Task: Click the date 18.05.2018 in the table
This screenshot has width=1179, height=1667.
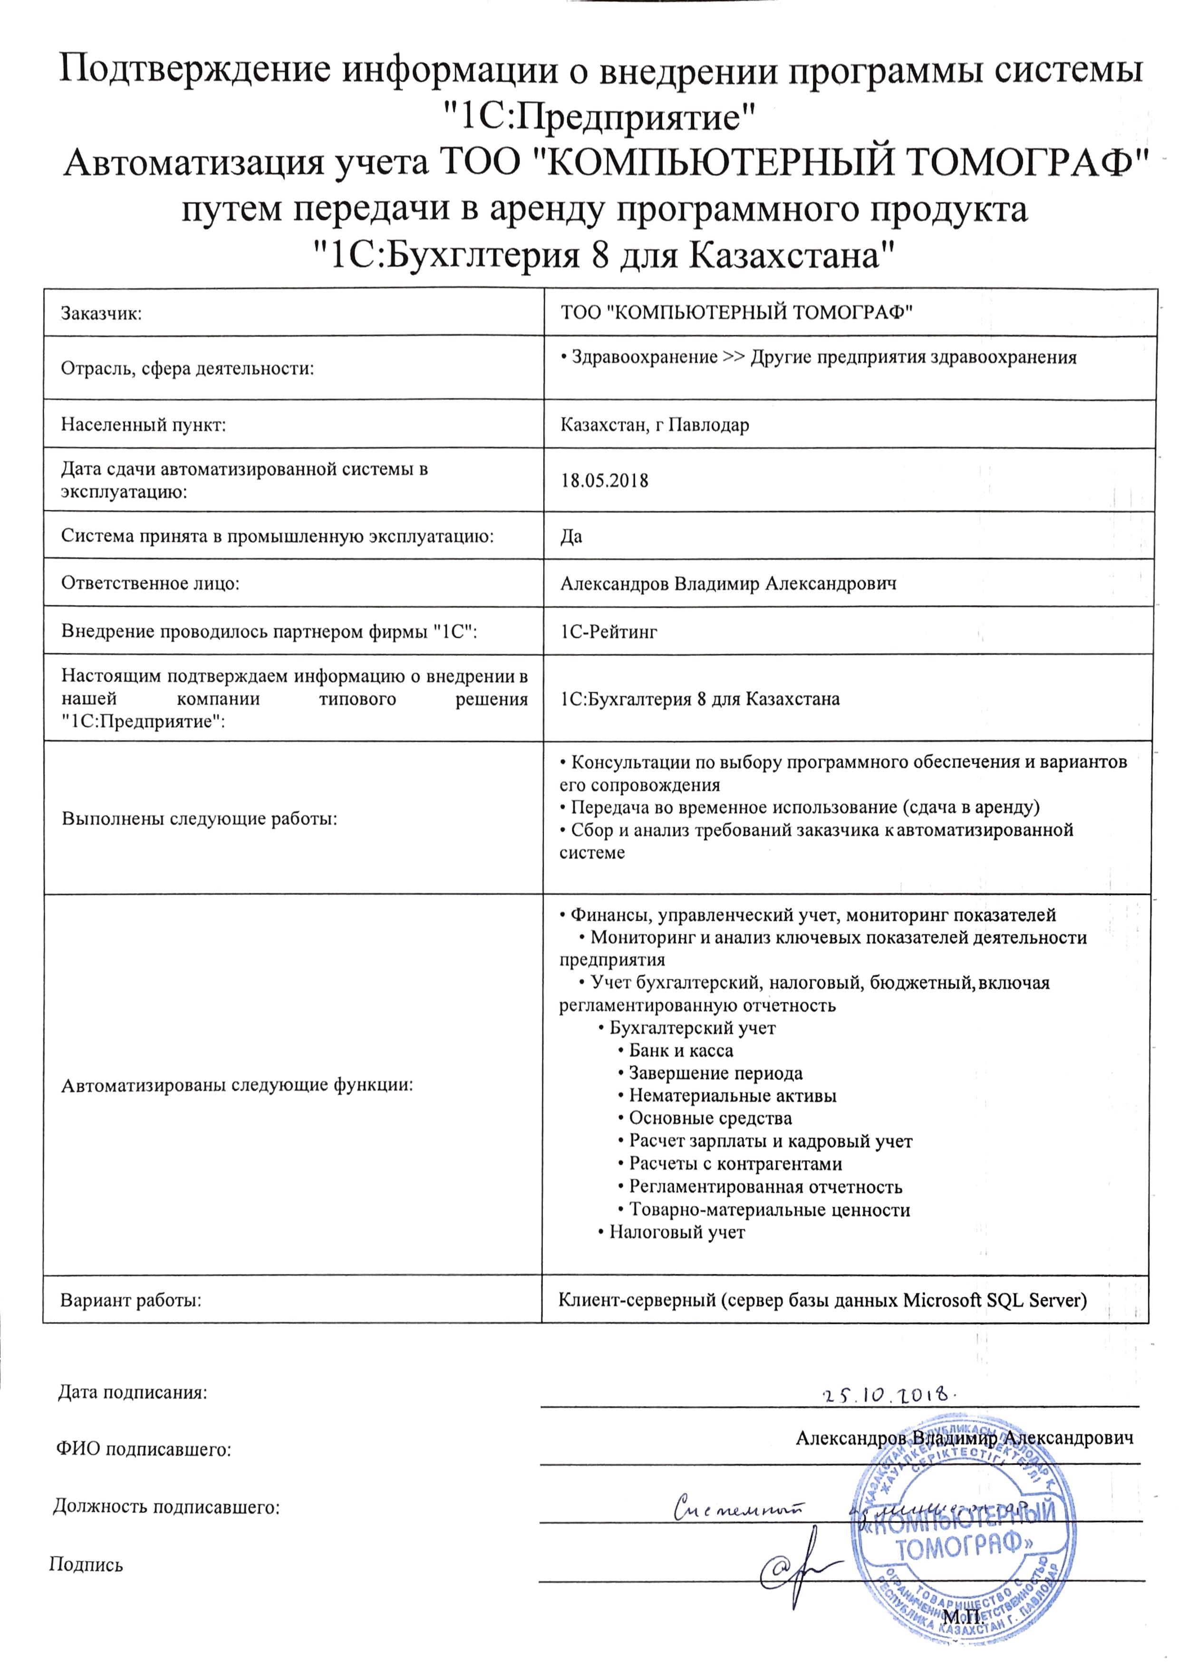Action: [604, 481]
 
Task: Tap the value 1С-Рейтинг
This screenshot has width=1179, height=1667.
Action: [609, 632]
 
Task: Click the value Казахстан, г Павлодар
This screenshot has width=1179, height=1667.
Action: [654, 425]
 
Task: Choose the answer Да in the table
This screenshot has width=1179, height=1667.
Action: [571, 537]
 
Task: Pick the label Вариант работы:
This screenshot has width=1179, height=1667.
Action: [131, 1301]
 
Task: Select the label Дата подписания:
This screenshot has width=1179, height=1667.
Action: [132, 1393]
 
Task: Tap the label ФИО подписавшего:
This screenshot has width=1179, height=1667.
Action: [144, 1450]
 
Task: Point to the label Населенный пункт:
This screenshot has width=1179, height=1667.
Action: [143, 425]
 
